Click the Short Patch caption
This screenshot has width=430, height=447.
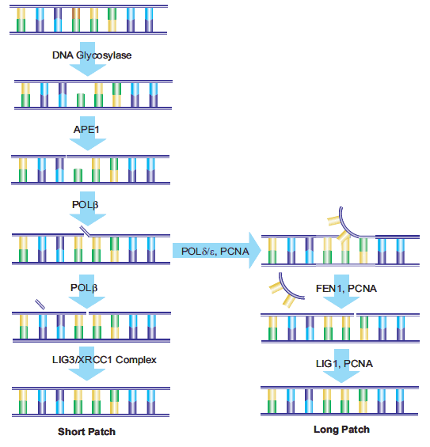click(87, 432)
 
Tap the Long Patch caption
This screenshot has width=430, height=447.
click(341, 430)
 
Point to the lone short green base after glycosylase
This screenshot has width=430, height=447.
click(80, 100)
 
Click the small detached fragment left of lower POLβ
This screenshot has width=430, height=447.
click(40, 304)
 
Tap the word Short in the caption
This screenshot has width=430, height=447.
click(72, 432)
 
